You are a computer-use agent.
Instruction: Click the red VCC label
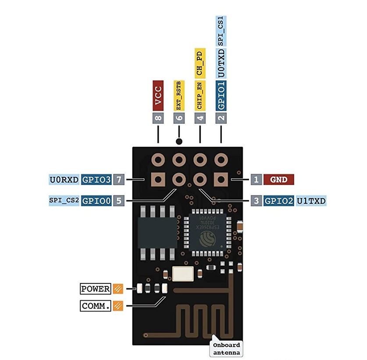(x=158, y=95)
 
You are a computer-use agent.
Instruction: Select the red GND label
(x=279, y=179)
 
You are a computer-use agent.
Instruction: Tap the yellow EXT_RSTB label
(x=178, y=95)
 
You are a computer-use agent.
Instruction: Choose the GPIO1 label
(x=221, y=95)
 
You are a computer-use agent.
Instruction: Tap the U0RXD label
(x=64, y=179)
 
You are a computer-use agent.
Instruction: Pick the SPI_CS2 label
(x=64, y=201)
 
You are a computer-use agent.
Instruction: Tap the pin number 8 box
(x=158, y=117)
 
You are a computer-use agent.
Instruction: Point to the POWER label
(x=95, y=289)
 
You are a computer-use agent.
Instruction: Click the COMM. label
(x=95, y=306)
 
